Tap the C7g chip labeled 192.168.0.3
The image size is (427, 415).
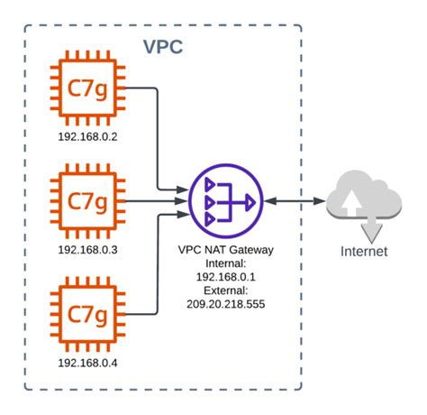tap(87, 198)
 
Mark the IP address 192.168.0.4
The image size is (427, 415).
tap(87, 363)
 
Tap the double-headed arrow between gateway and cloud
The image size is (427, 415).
tap(295, 199)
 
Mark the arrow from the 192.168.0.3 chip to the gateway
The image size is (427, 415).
tap(153, 199)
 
